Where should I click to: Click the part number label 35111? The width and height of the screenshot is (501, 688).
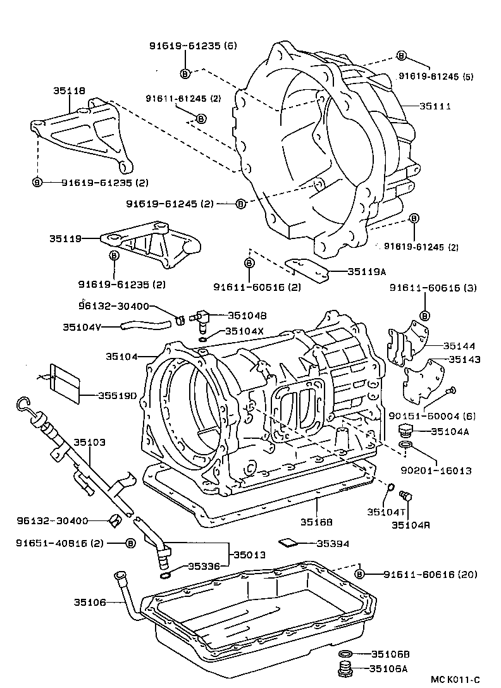(435, 107)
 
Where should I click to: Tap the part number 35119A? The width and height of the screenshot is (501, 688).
(367, 272)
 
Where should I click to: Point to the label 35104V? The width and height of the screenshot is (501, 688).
(82, 327)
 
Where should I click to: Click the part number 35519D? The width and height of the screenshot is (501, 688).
(118, 396)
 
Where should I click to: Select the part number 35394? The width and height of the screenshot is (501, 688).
(333, 543)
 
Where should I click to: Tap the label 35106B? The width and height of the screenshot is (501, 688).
(390, 654)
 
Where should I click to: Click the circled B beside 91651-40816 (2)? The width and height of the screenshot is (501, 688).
(130, 543)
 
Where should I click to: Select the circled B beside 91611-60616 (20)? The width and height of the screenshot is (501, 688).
(359, 574)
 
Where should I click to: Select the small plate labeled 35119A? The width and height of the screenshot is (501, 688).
(308, 268)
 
